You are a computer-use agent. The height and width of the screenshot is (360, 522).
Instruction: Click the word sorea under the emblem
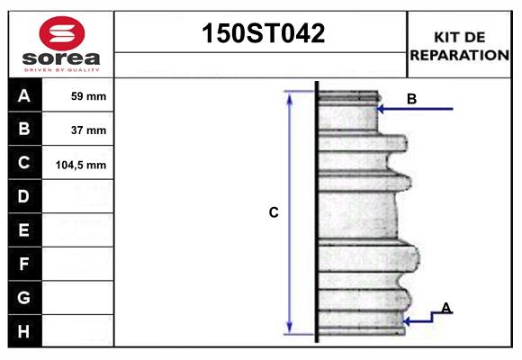(60, 58)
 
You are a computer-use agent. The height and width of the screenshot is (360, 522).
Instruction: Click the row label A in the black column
(24, 95)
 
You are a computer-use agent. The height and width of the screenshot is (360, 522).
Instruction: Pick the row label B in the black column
(24, 130)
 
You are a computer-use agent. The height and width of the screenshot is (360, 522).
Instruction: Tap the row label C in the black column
(24, 164)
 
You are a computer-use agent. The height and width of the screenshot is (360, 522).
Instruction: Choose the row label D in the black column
(24, 197)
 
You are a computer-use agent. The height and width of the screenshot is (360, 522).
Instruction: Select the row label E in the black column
(24, 230)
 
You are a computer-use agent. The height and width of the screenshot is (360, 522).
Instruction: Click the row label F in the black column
(24, 264)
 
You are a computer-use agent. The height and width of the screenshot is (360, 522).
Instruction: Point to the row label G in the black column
(24, 297)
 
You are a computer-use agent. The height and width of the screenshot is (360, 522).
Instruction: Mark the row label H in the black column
(24, 330)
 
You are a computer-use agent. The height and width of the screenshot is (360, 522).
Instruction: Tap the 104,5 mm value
(85, 165)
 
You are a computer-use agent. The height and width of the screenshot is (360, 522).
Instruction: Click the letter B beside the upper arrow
(411, 99)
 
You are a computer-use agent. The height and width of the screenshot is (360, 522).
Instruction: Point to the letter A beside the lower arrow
(445, 308)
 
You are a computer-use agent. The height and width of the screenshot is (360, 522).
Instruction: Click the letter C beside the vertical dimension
(274, 212)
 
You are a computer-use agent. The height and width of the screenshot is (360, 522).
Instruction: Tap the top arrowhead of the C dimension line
(290, 95)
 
